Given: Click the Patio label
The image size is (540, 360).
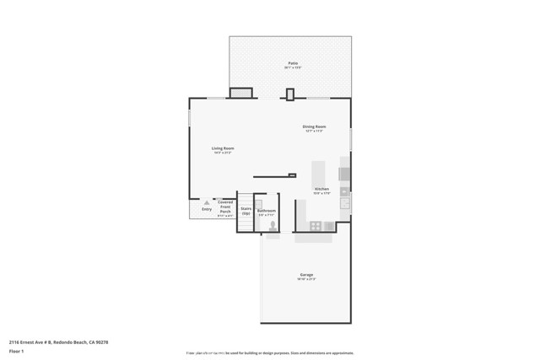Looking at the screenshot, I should pyautogui.click(x=293, y=63).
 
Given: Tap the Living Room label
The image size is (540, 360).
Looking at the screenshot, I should pyautogui.click(x=223, y=148).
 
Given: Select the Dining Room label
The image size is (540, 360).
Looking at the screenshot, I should pyautogui.click(x=315, y=126).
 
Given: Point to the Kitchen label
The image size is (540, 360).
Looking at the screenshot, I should pyautogui.click(x=321, y=189).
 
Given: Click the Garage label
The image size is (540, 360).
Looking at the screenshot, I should pyautogui.click(x=306, y=275).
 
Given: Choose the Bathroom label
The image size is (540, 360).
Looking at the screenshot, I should pyautogui.click(x=267, y=210).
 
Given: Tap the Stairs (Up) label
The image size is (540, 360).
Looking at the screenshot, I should pyautogui.click(x=246, y=210).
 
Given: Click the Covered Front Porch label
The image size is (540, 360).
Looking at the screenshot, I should pyautogui.click(x=225, y=207).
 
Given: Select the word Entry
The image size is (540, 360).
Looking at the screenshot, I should pyautogui.click(x=207, y=209).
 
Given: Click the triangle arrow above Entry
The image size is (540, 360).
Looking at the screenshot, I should pyautogui.click(x=207, y=203).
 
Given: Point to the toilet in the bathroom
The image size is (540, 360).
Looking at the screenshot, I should pyautogui.click(x=273, y=225).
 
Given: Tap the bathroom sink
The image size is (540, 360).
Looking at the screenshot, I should pyautogui.click(x=260, y=202).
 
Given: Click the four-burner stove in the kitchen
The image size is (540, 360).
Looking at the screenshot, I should pyautogui.click(x=316, y=226).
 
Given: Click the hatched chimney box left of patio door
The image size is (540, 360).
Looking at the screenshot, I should pyautogui.click(x=241, y=94).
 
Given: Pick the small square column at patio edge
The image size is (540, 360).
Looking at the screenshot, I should pyautogui.click(x=290, y=94).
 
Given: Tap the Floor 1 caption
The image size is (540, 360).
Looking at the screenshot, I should pyautogui.click(x=17, y=352).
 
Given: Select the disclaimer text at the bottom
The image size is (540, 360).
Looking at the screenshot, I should pyautogui.click(x=270, y=353).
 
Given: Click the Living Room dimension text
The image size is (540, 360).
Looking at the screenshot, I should pyautogui.click(x=223, y=153).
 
